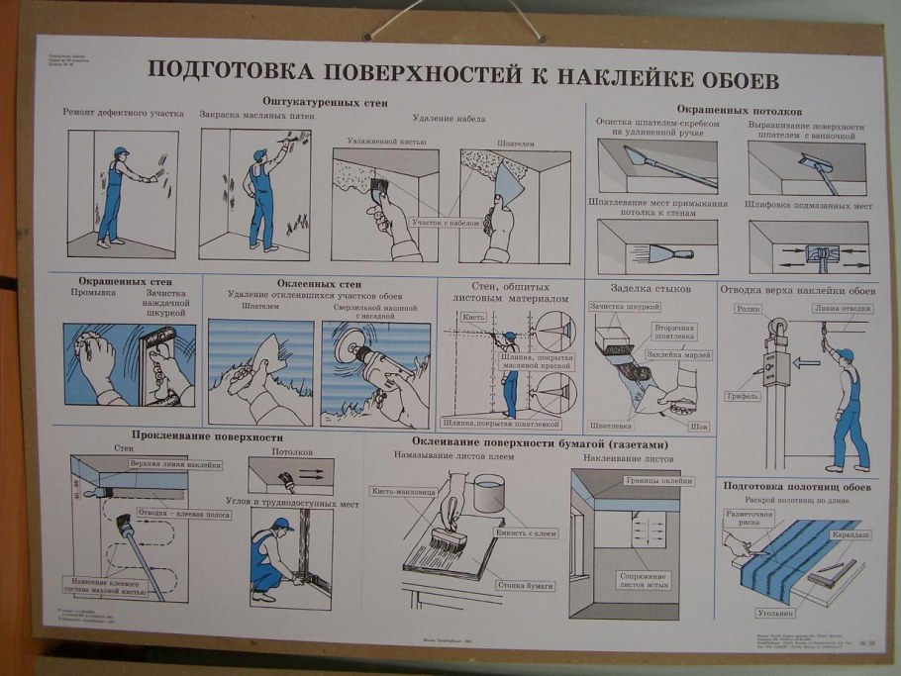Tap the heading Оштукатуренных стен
point(325,103)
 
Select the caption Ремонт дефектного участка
point(124,115)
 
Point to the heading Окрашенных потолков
point(739,109)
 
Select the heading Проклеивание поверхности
point(207,436)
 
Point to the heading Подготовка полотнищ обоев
point(797,486)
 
